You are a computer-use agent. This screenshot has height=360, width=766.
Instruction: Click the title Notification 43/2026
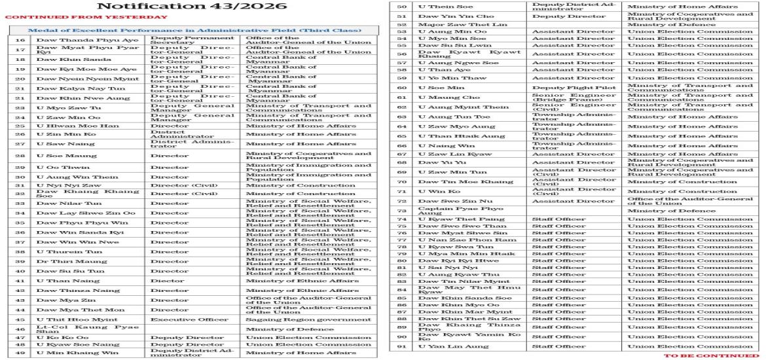pos(191,7)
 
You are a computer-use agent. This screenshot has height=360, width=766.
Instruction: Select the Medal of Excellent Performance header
pos(194,30)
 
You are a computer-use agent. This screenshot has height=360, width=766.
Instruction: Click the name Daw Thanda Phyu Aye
pos(69,39)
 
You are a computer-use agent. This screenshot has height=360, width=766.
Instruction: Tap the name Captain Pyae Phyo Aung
pos(452,210)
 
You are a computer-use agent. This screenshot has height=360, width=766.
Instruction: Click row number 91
pos(403,347)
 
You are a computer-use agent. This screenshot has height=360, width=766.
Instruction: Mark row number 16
pos(20,39)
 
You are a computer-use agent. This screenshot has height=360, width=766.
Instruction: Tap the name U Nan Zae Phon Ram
pos(458,240)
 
